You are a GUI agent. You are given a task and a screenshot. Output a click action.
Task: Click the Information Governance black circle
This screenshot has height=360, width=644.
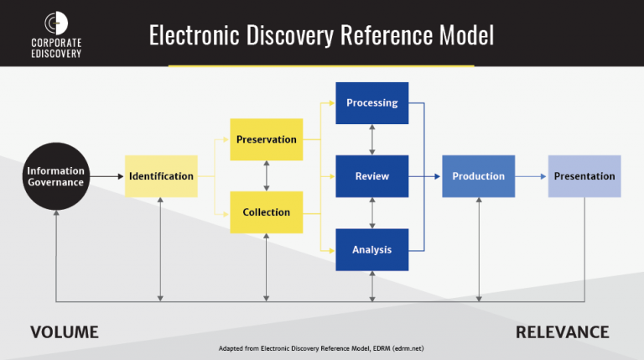tap(55, 176)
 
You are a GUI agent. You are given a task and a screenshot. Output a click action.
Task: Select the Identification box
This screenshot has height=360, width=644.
tap(161, 176)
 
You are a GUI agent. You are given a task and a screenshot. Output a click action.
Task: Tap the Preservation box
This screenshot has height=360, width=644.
tap(267, 139)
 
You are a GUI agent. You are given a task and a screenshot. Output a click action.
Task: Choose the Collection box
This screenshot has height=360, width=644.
tap(267, 212)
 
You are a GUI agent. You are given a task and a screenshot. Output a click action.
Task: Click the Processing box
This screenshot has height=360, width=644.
tap(371, 103)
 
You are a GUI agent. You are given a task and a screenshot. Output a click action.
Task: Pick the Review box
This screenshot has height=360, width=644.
tap(371, 176)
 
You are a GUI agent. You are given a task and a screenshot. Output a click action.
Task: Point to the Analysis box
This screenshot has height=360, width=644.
tap(371, 249)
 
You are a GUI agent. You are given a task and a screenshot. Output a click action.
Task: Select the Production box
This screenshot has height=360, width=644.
tap(478, 176)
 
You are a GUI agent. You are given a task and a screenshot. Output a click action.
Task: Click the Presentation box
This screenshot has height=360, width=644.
tap(584, 176)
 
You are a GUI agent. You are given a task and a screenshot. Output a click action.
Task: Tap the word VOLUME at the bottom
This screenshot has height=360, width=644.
tap(65, 332)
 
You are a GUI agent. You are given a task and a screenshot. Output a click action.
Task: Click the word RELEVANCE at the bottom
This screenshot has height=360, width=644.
tap(562, 332)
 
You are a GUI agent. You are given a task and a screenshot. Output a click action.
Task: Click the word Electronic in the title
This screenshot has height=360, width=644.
tap(198, 35)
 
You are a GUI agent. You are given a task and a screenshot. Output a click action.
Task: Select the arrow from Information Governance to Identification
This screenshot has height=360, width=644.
tap(105, 176)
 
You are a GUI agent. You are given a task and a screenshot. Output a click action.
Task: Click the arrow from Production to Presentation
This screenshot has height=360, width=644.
tap(531, 176)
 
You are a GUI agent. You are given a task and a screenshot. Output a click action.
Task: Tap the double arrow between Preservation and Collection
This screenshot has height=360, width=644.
tap(267, 175)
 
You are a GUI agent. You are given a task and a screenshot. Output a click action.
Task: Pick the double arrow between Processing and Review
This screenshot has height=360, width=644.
tap(371, 139)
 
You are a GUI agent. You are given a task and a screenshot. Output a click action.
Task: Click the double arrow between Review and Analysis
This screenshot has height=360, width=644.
tap(371, 212)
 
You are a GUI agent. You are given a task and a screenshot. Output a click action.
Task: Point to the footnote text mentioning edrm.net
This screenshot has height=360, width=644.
tap(322, 347)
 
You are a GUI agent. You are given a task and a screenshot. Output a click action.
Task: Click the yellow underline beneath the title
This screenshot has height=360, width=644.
tap(321, 65)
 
